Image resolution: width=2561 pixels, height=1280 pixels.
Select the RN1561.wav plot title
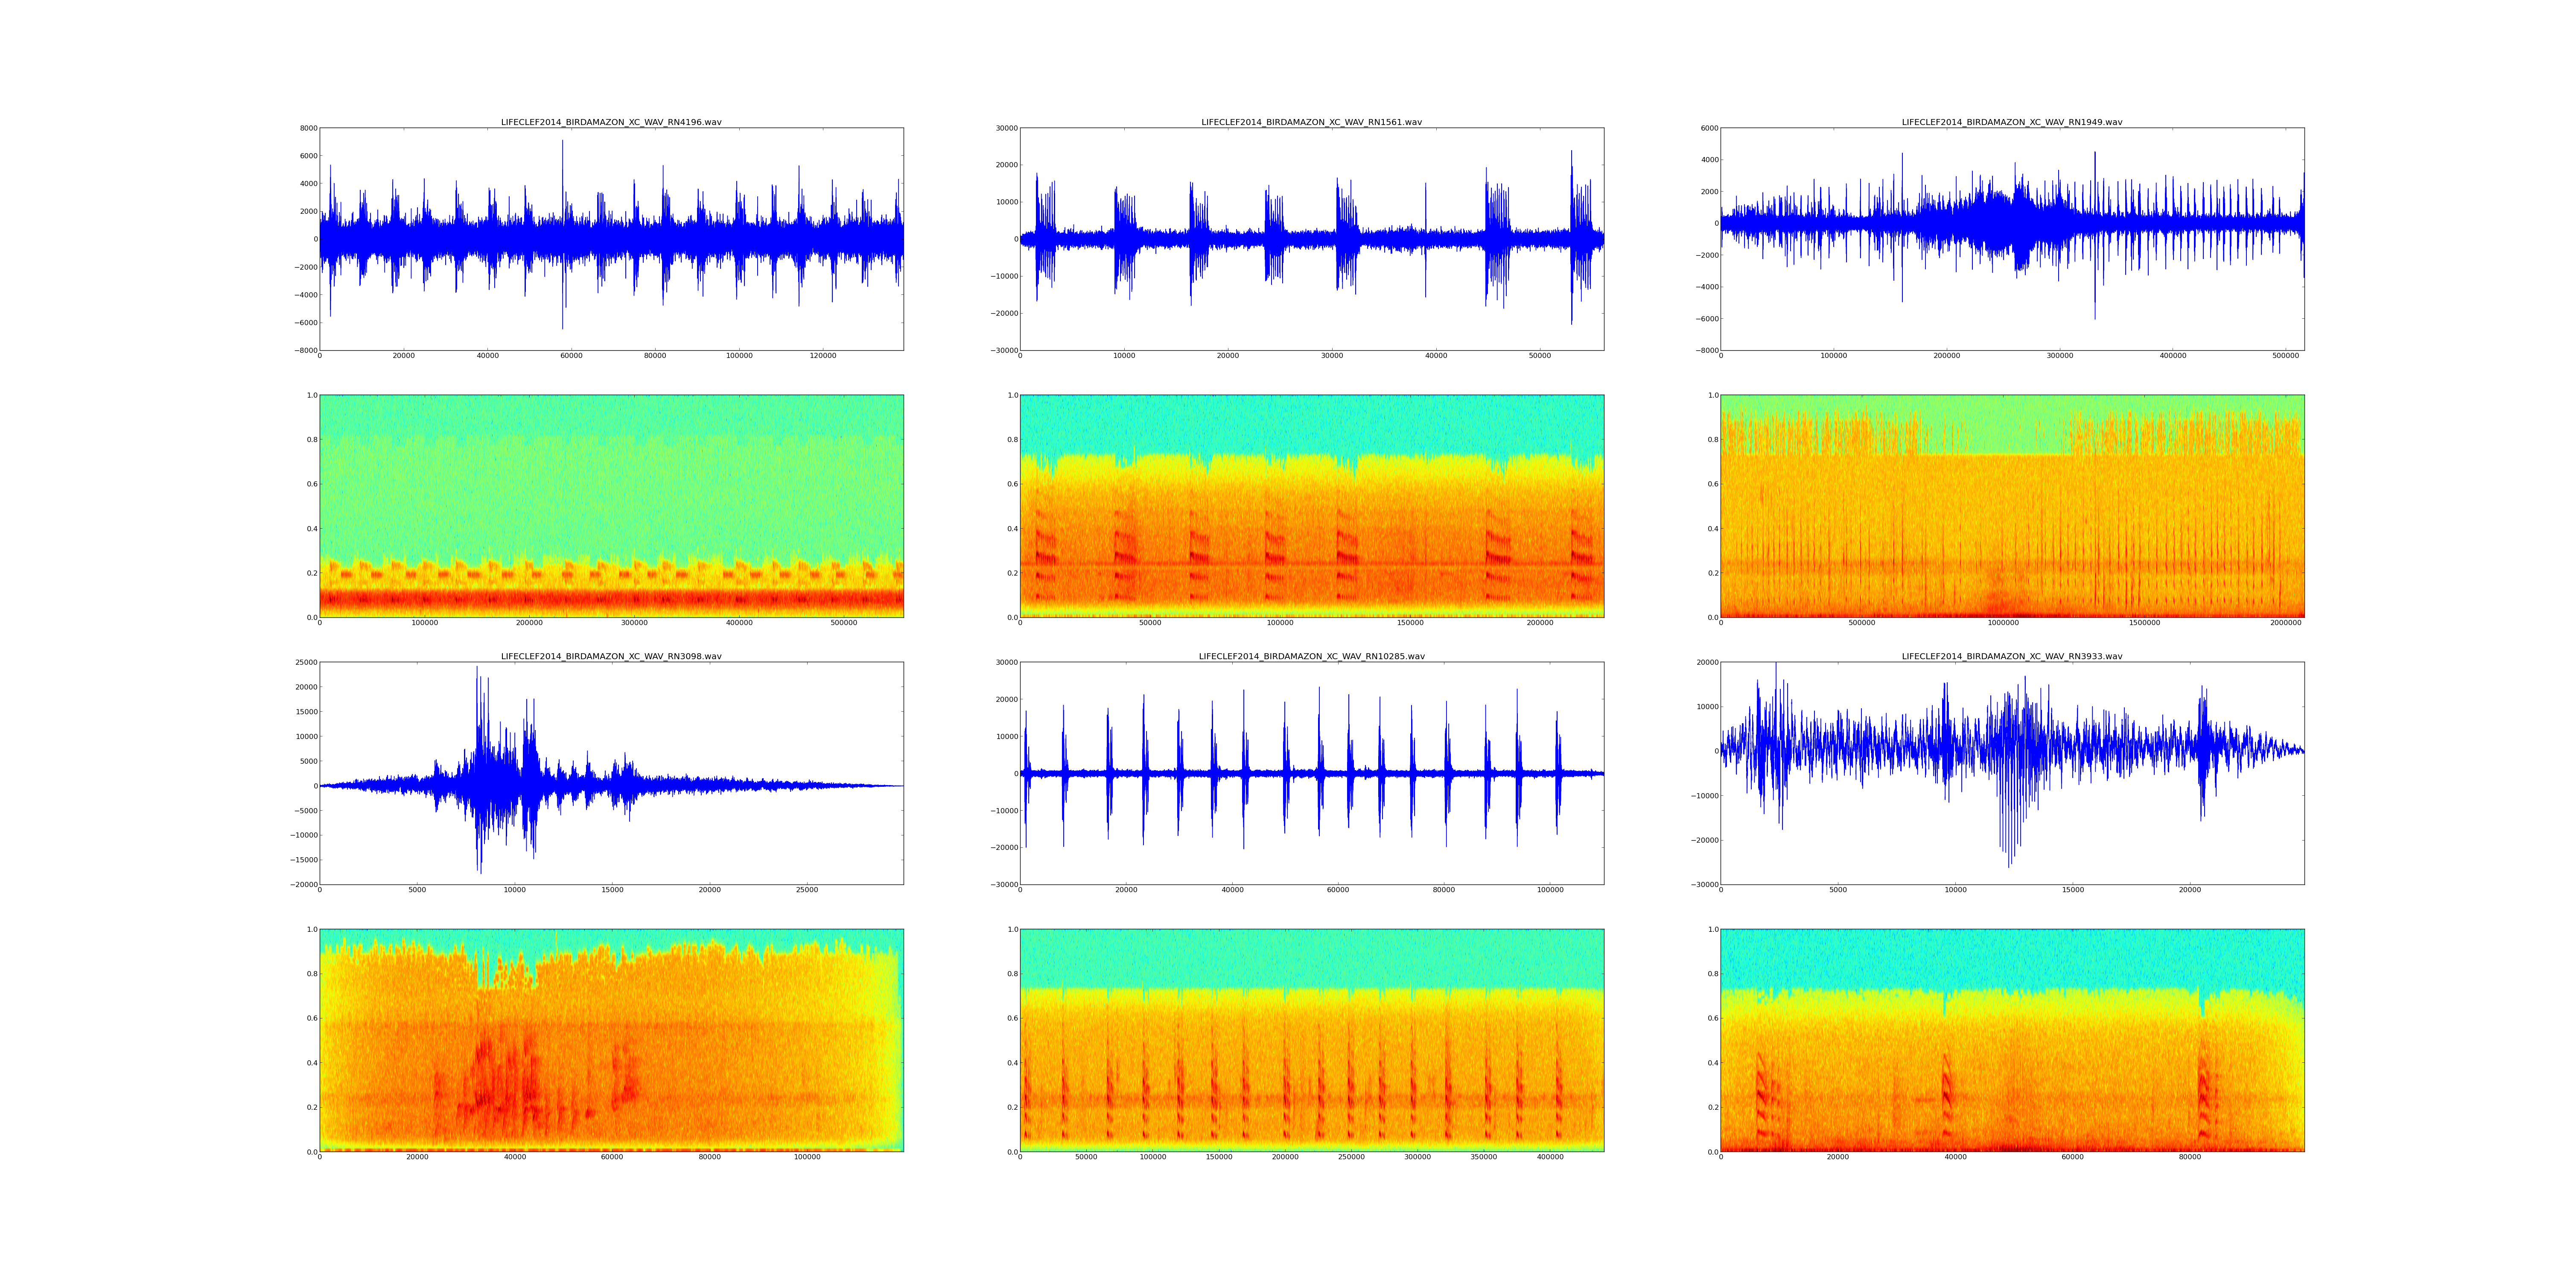[x=1311, y=122]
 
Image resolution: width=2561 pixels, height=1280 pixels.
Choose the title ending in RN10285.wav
[x=1311, y=657]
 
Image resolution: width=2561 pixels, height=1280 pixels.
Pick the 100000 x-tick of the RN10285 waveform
[x=1550, y=890]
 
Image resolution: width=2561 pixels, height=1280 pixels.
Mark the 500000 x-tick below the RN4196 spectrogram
[x=844, y=623]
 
